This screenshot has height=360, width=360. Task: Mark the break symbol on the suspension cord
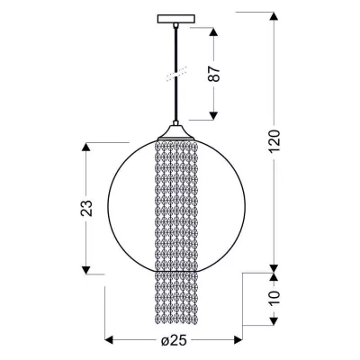[175, 73]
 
